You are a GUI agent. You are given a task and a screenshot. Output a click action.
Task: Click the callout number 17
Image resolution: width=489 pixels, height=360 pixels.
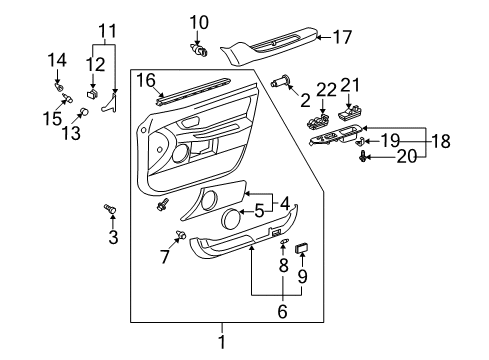tap(342, 38)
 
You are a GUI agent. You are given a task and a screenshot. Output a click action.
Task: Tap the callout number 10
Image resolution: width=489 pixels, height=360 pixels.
tap(200, 20)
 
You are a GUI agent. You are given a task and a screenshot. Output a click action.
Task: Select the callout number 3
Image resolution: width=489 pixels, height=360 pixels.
tap(113, 237)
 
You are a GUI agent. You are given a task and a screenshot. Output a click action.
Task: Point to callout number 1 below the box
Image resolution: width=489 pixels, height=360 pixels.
tap(222, 343)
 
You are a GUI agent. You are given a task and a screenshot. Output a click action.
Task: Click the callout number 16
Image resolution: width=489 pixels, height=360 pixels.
tap(147, 80)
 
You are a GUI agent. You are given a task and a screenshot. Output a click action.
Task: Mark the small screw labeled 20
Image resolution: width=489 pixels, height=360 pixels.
tap(363, 156)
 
